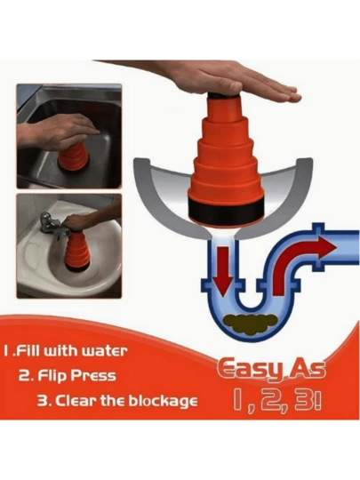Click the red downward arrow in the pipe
coord(222,270)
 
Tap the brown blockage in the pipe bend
coord(251,324)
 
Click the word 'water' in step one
coord(104,351)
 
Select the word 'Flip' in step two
coord(51,376)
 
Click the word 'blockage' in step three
coord(163,401)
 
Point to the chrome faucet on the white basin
coord(53,225)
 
